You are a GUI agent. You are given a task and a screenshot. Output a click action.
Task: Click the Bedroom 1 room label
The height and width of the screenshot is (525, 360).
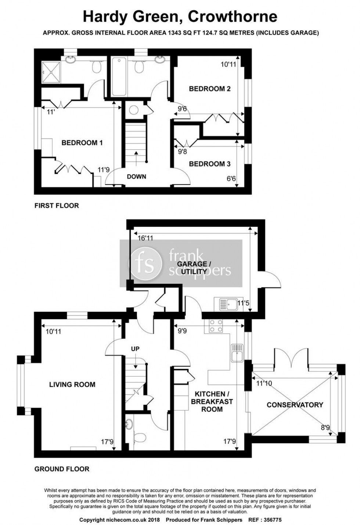[82, 143]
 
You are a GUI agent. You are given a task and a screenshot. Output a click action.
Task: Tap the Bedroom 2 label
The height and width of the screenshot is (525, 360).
[210, 89]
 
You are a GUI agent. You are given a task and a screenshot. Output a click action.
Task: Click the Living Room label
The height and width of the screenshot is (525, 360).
[72, 385]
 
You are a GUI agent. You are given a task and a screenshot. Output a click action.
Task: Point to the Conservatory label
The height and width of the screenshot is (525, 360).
[295, 405]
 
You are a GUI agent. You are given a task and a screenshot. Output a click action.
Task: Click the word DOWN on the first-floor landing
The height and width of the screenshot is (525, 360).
[136, 177]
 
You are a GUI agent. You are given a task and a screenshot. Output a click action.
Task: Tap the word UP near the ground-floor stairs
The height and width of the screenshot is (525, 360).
[136, 348]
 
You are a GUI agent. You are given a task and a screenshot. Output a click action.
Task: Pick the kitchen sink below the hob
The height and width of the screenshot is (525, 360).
[236, 353]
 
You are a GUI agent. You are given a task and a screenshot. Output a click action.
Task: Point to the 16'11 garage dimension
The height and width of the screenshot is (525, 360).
[145, 238]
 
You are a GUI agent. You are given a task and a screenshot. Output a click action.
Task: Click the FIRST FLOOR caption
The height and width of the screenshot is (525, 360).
[57, 206]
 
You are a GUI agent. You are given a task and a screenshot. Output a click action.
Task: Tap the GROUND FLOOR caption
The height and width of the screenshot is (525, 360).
[62, 469]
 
